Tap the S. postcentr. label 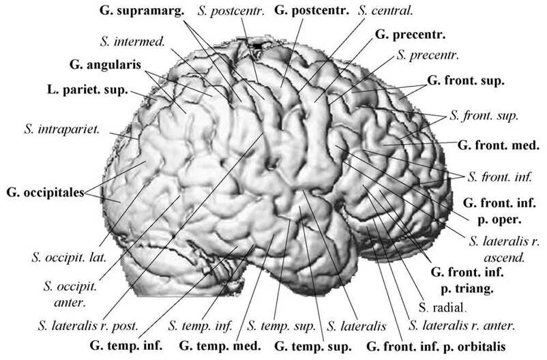click(231, 12)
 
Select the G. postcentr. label click(311, 12)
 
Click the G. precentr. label click(411, 34)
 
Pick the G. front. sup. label click(465, 80)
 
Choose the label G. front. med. click(499, 145)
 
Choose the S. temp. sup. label click(280, 326)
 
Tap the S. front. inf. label click(499, 177)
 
